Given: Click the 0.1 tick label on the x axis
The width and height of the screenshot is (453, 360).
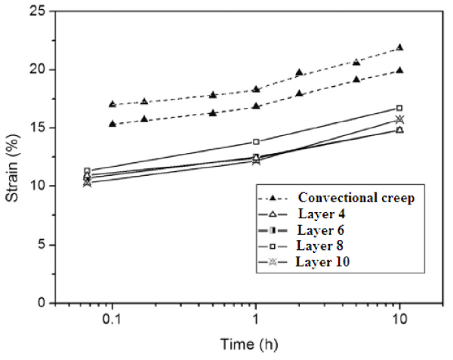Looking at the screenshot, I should tap(112, 319).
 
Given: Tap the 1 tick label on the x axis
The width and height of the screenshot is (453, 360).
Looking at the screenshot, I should tap(256, 319).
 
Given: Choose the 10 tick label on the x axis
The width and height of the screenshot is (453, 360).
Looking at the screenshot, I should tap(399, 319).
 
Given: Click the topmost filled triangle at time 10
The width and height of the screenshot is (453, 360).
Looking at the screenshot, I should tap(399, 48).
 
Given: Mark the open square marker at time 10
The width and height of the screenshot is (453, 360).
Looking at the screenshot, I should tap(399, 108).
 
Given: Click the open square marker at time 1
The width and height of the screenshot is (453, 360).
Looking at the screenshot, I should tap(256, 142).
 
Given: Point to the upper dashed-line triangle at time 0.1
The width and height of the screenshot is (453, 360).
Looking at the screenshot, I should tap(112, 104).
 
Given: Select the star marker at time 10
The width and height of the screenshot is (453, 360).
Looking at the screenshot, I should tap(399, 119).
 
